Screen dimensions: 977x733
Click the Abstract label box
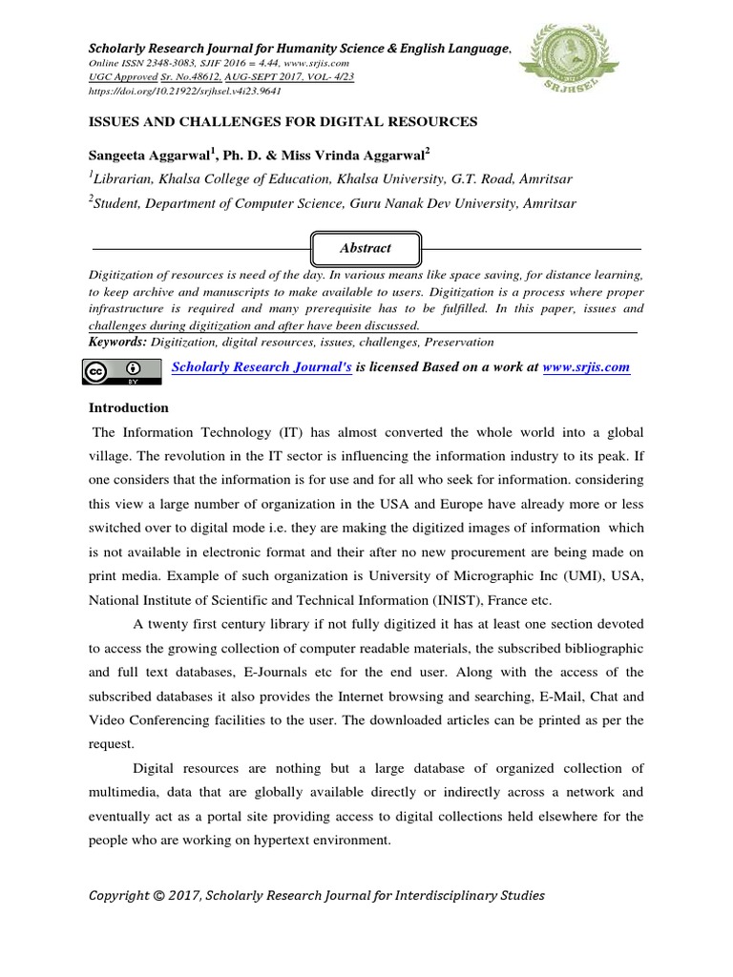366,247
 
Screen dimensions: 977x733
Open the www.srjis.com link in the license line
585,367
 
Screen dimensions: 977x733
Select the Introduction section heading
129,407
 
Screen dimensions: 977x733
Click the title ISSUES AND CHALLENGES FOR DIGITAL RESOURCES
283,122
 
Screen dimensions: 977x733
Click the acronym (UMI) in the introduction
536,577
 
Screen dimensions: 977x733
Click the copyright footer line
317,895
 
